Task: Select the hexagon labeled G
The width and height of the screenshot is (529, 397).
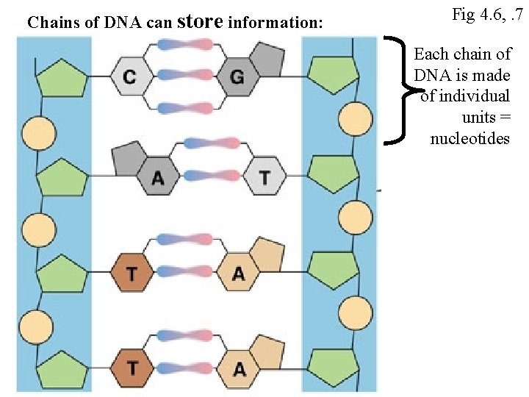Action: tap(235, 77)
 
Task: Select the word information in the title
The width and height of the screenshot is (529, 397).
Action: tap(275, 23)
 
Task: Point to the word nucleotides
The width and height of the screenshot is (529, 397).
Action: tap(469, 138)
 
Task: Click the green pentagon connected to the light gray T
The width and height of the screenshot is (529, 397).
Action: tap(332, 174)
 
